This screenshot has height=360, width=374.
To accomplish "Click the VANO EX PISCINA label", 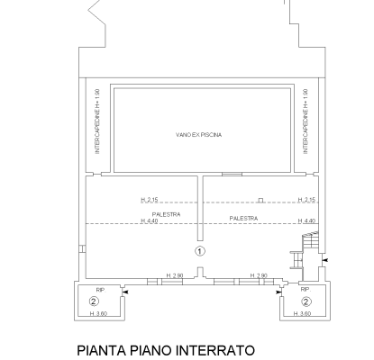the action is click(x=199, y=135).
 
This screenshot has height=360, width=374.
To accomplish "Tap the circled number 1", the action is click(x=200, y=251).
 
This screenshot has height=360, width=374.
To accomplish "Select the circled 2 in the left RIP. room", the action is click(x=94, y=301).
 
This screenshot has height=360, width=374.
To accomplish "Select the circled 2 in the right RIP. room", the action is click(x=306, y=301).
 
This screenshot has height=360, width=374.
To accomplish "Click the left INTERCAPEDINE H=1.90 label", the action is click(x=97, y=121).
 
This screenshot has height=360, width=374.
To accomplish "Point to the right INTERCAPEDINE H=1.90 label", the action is click(x=306, y=121).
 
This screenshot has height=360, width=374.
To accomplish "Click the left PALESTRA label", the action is click(x=166, y=214).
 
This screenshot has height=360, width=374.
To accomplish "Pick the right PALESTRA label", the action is click(x=243, y=219).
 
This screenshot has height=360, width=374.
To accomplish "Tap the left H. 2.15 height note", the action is click(x=150, y=200).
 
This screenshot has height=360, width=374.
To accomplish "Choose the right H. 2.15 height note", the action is click(x=306, y=200).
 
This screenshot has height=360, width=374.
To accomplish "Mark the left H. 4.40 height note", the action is click(x=150, y=221).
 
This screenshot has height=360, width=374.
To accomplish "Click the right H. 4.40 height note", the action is click(x=306, y=221).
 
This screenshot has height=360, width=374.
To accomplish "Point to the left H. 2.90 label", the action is click(x=175, y=275).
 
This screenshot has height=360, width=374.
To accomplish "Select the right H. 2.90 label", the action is click(x=259, y=275).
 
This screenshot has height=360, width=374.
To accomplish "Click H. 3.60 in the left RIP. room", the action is click(x=98, y=314).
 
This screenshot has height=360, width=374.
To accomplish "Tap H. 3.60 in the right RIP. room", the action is click(x=302, y=314).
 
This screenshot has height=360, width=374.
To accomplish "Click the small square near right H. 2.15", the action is click(x=260, y=200).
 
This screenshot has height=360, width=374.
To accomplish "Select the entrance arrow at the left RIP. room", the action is click(x=126, y=292).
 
